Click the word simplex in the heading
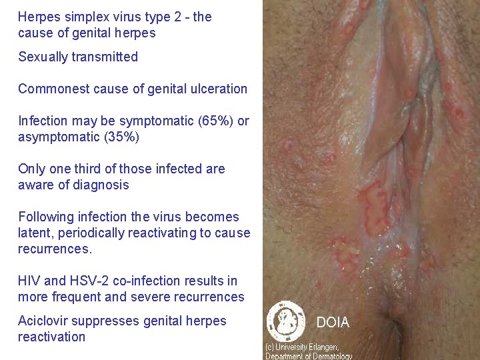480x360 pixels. (83, 17)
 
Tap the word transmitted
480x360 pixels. (106, 57)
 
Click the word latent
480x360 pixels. (35, 233)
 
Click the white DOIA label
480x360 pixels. (333, 323)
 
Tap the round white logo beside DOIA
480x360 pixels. (286, 322)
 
